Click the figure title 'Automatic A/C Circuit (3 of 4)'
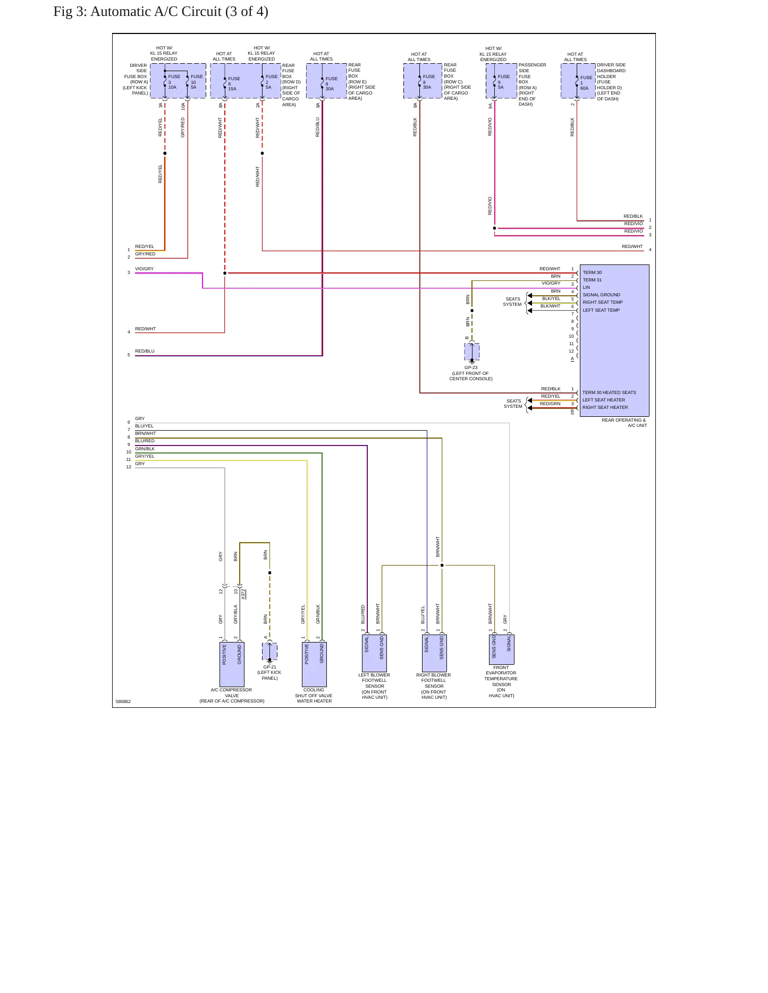[179, 12]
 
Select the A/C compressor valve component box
[232, 664]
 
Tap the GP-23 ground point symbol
[472, 352]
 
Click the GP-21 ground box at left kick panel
[269, 652]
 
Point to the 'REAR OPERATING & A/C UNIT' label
[624, 423]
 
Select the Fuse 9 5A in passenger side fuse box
[503, 82]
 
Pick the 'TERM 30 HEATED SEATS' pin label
[609, 392]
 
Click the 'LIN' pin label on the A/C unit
[586, 287]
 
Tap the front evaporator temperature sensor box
[502, 649]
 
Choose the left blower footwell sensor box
[374, 653]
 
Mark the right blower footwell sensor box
[434, 653]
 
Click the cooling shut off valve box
[314, 664]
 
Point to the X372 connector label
[243, 594]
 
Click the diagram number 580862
[123, 701]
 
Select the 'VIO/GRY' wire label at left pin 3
[144, 269]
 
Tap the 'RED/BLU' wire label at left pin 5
[145, 351]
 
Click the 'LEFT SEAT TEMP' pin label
[601, 310]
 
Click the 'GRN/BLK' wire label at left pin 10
[145, 449]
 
